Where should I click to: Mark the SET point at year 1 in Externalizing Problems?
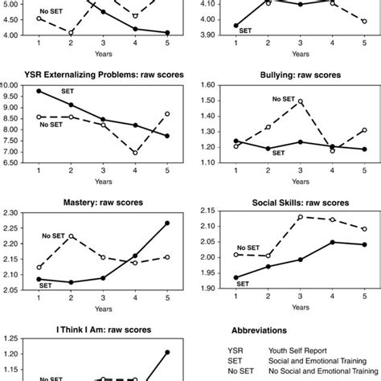tap(39, 91)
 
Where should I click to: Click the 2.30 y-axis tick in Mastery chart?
tap(13, 213)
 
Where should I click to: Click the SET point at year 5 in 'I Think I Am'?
tap(168, 352)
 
